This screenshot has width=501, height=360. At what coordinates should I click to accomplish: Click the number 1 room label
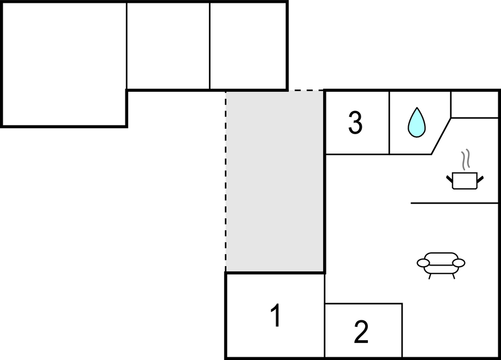[x=275, y=316]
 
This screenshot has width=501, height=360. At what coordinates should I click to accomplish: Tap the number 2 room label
[x=361, y=332]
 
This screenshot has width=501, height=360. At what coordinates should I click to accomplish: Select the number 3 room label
[x=355, y=123]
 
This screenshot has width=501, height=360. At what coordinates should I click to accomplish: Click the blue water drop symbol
[x=416, y=122]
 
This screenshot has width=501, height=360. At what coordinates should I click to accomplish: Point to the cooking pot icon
[x=464, y=181]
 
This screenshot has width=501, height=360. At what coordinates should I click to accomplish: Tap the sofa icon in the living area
[x=440, y=263]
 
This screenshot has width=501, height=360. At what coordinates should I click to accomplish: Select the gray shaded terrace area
[x=275, y=181]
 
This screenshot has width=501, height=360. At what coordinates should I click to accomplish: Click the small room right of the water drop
[x=474, y=104]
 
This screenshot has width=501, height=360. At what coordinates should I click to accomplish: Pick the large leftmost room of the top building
[x=64, y=63]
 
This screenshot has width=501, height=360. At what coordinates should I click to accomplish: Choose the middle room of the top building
[x=168, y=46]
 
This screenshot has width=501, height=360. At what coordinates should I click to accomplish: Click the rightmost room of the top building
[x=248, y=46]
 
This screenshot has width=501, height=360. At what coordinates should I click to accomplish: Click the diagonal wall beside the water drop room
[x=441, y=136]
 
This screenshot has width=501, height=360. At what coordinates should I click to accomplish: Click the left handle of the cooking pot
[x=449, y=178]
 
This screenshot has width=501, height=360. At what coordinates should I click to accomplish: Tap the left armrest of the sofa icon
[x=423, y=263]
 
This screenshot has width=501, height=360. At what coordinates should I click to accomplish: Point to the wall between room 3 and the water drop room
[x=389, y=123]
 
